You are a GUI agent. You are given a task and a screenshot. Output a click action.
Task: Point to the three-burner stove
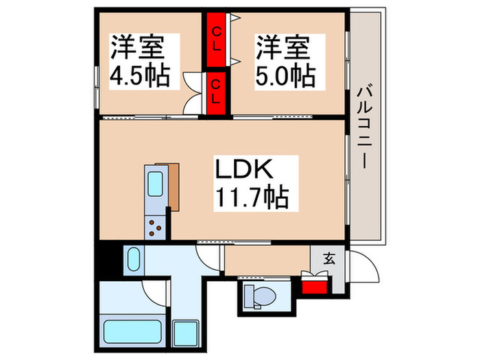click(x=155, y=226)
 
